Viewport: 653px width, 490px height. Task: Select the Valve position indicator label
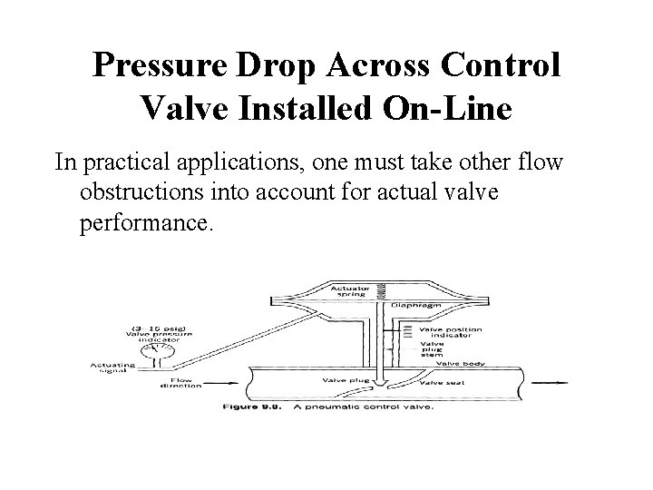(x=457, y=332)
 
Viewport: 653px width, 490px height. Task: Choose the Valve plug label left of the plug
(x=331, y=380)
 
